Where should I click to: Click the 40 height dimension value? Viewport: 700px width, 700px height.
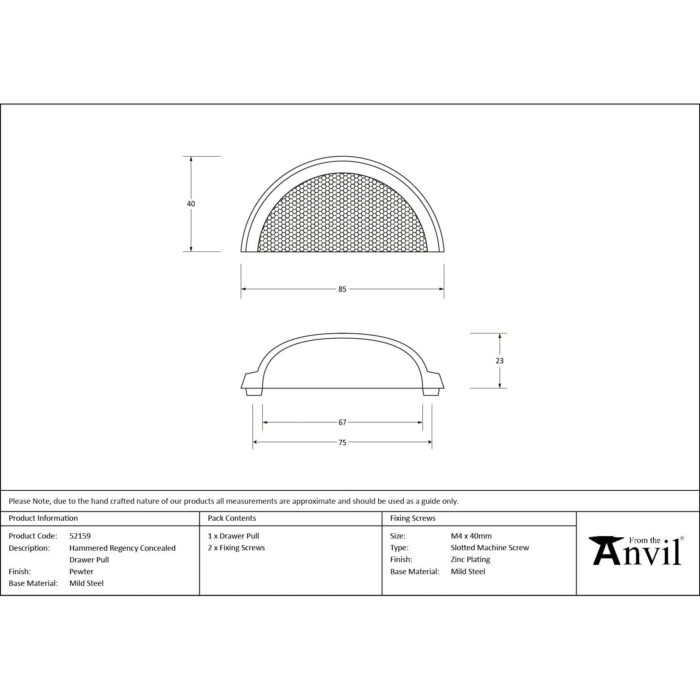pyautogui.click(x=191, y=204)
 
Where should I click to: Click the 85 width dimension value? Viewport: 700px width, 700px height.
pyautogui.click(x=342, y=289)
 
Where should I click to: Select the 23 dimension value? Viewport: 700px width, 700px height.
pyautogui.click(x=500, y=361)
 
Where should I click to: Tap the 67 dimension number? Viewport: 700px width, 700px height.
pyautogui.click(x=342, y=422)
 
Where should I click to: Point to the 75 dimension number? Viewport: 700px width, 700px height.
pyautogui.click(x=342, y=443)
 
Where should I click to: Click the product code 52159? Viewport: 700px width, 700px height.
pyautogui.click(x=80, y=536)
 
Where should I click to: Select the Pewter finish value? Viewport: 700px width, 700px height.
pyautogui.click(x=81, y=572)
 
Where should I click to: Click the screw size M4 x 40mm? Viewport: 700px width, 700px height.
pyautogui.click(x=471, y=536)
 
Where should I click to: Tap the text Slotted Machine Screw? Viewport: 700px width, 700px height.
pyautogui.click(x=490, y=548)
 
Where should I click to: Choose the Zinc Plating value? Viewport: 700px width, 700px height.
pyautogui.click(x=471, y=560)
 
